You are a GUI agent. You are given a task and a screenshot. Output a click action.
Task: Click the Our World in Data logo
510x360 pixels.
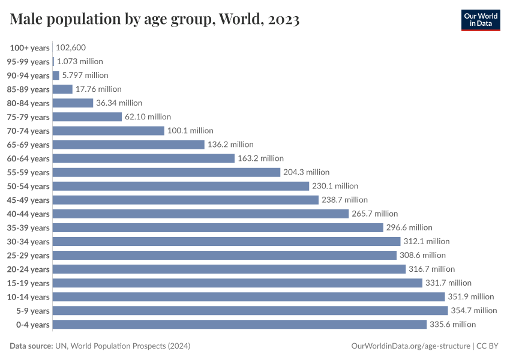tap(481, 20)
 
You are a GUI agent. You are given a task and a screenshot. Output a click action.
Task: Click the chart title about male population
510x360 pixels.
tap(155, 20)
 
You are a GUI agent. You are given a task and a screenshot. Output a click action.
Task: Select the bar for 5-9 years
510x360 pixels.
tap(250, 311)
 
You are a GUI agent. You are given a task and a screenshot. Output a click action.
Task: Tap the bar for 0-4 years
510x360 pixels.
tap(239, 325)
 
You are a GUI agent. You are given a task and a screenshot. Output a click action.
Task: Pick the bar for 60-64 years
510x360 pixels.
tap(143, 158)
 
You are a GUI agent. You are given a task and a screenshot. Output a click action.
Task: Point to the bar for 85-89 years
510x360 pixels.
tap(62, 89)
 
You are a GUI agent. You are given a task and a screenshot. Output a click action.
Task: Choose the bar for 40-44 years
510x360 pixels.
tap(200, 214)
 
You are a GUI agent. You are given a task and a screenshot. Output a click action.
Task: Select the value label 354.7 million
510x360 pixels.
tap(474, 311)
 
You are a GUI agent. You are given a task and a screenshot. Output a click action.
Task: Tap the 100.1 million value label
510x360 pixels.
tap(190, 131)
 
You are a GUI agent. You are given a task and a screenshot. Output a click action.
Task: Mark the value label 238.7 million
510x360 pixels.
tap(344, 200)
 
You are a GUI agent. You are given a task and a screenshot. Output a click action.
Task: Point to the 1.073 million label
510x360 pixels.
tap(80, 61)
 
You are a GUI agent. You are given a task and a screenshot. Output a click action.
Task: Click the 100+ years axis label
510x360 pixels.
tap(29, 47)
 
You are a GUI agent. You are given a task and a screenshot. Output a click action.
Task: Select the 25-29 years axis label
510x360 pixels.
tap(29, 256)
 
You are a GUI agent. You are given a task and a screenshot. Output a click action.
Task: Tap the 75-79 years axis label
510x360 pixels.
tap(29, 117)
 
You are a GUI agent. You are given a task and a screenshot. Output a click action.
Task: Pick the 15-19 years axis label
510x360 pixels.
tap(29, 283)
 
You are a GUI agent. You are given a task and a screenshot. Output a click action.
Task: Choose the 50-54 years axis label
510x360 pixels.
tap(29, 186)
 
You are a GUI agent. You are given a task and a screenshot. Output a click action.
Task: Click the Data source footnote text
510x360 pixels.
tap(100, 346)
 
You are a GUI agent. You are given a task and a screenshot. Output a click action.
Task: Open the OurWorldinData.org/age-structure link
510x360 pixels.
tap(410, 346)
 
